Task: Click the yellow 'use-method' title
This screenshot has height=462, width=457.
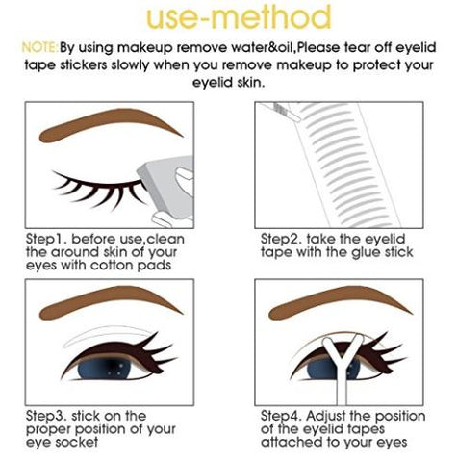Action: pyautogui.click(x=239, y=16)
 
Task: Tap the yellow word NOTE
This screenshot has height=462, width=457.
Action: pyautogui.click(x=39, y=47)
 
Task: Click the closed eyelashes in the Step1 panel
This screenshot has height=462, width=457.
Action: pyautogui.click(x=99, y=190)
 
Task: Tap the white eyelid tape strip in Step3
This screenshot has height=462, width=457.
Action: pyautogui.click(x=106, y=336)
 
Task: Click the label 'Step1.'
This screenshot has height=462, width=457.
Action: pyautogui.click(x=46, y=240)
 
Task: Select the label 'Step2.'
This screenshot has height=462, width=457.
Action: pyautogui.click(x=281, y=240)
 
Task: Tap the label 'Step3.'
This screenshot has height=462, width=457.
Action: pyautogui.click(x=46, y=417)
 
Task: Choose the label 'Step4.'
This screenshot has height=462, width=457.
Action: pyautogui.click(x=281, y=417)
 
